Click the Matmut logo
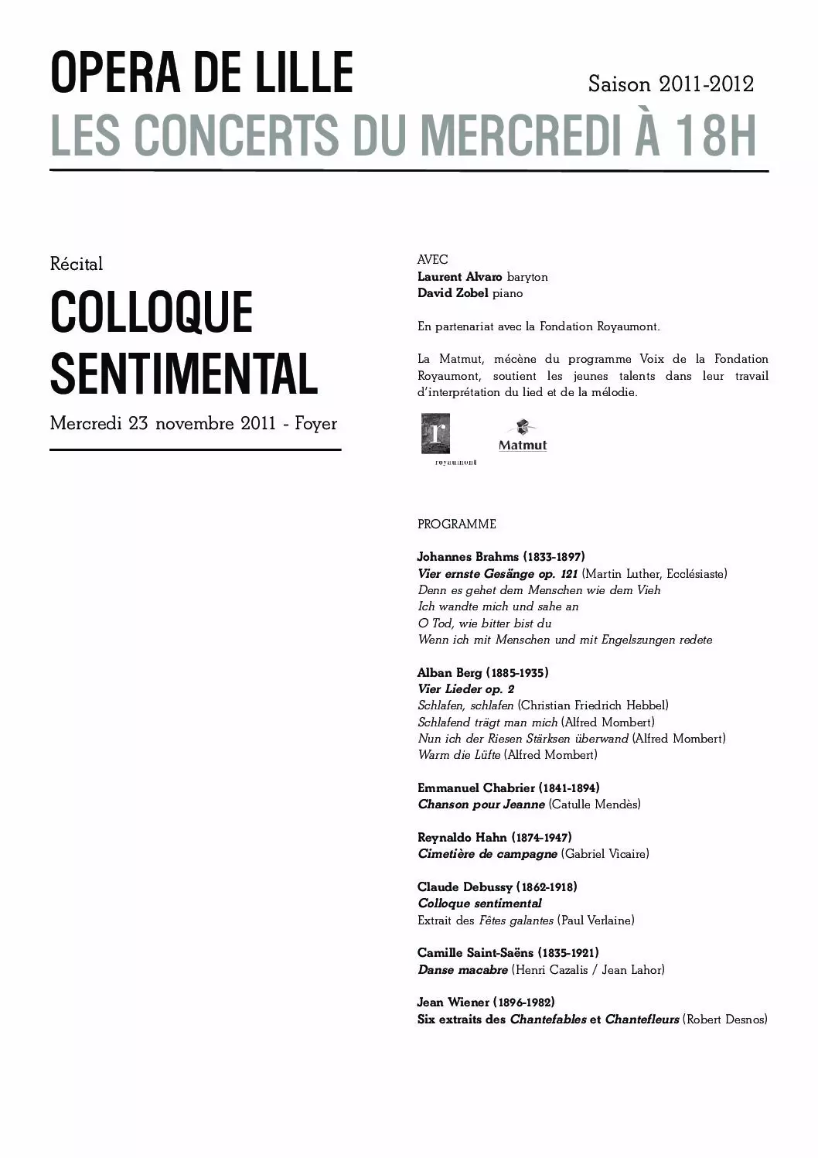point(523,437)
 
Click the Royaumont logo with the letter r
point(435,435)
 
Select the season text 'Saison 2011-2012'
point(670,84)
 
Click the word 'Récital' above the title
point(77,264)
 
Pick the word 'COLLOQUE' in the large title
point(152,313)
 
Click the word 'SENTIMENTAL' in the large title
point(184,373)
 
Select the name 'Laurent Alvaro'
point(460,277)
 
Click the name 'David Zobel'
point(453,293)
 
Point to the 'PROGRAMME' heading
point(457,524)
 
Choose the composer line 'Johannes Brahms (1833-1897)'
point(501,557)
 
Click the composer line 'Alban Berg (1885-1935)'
point(483,672)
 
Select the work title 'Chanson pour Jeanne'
point(481,804)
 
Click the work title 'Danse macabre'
point(462,969)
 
